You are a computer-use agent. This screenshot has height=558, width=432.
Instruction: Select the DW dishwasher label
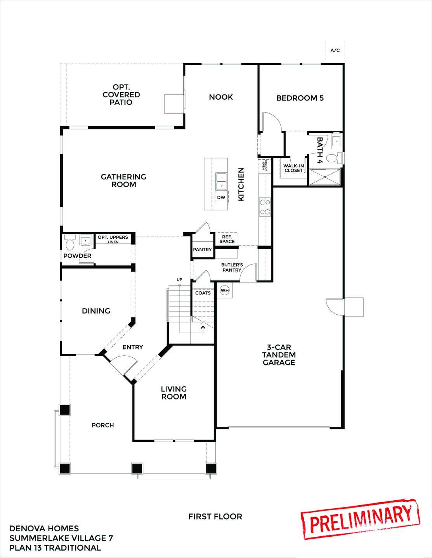coord(221,198)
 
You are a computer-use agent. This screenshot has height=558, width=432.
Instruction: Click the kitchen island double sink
coord(222,182)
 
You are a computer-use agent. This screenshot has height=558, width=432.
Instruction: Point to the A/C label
coord(335,50)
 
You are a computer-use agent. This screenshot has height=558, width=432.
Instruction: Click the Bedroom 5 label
coord(300,98)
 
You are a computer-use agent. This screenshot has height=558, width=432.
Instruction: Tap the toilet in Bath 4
coord(332,158)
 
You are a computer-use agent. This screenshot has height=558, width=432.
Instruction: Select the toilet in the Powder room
coord(70,244)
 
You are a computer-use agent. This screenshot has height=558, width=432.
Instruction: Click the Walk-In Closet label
coord(293,168)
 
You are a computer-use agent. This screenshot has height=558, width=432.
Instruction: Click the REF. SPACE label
coord(227,239)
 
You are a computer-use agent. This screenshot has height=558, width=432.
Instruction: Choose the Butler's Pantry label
coord(232,267)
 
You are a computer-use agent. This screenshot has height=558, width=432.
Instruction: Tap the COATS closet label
coord(203,293)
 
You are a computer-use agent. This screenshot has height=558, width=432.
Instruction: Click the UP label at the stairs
coord(179,279)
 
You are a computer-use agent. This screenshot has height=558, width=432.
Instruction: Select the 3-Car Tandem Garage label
coord(279,355)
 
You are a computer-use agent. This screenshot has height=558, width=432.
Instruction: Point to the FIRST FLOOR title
coord(215,517)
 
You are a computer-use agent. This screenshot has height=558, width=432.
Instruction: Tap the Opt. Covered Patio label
coord(121,95)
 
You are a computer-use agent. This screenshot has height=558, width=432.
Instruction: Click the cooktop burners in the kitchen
coord(265,207)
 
